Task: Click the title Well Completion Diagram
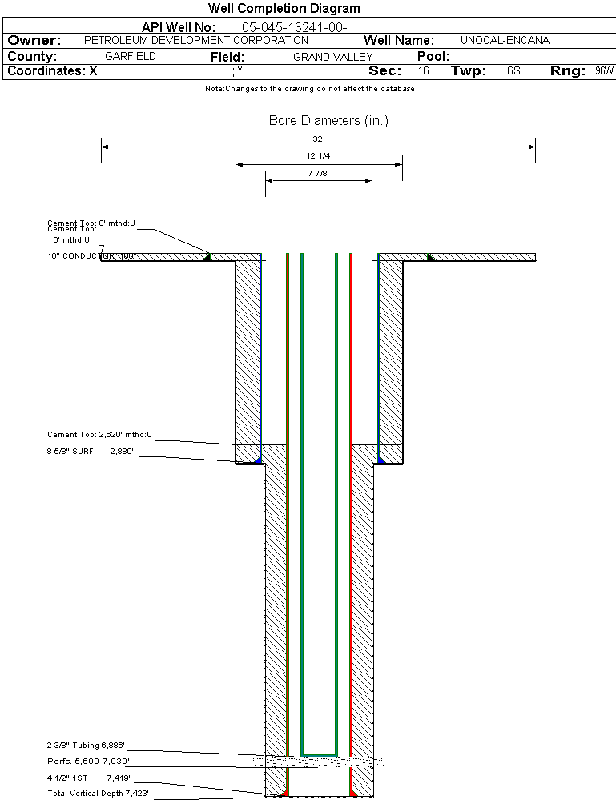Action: click(284, 9)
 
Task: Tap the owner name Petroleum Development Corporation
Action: click(195, 40)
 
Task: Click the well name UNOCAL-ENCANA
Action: click(505, 40)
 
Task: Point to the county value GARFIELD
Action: click(131, 57)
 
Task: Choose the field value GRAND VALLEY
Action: click(332, 57)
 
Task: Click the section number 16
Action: click(424, 71)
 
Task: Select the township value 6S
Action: click(513, 71)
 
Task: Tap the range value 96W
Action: click(604, 71)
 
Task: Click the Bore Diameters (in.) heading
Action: click(328, 121)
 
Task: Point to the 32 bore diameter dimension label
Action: click(317, 139)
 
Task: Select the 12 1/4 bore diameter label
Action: click(319, 155)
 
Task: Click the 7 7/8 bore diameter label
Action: click(318, 173)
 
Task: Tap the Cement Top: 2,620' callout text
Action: click(99, 435)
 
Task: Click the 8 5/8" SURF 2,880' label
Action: click(90, 452)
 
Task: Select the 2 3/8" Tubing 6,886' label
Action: click(87, 746)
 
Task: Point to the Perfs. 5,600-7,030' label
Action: click(88, 761)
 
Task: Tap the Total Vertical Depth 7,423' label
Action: click(98, 793)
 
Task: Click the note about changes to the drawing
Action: click(309, 89)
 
